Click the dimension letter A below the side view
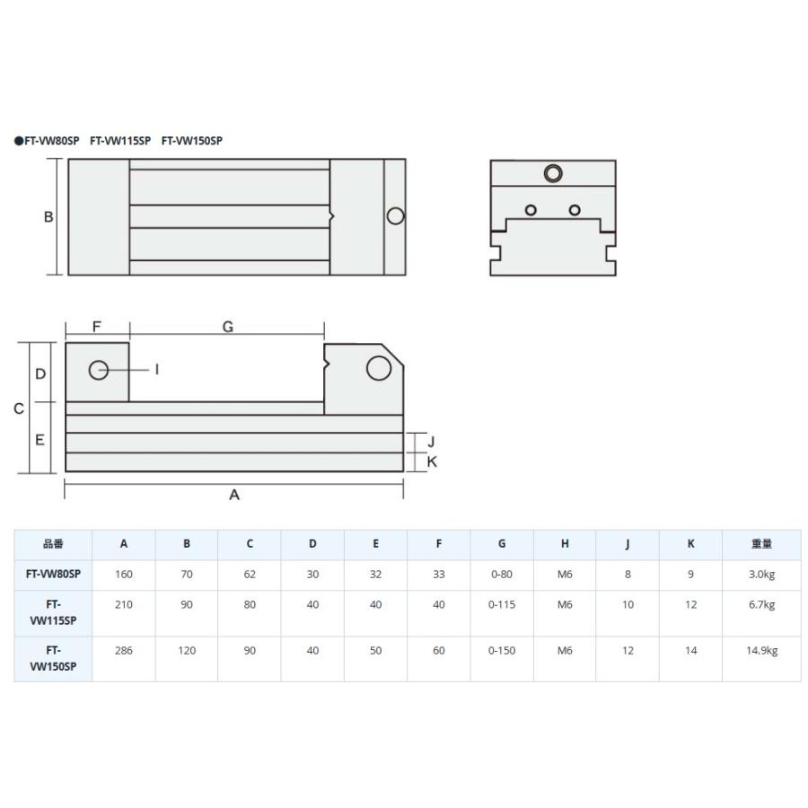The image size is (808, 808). (x=234, y=495)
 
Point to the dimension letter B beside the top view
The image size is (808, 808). (x=48, y=217)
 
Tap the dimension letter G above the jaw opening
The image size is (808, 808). (x=228, y=327)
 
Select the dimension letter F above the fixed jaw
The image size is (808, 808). (x=96, y=327)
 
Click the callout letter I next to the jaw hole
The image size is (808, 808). (x=156, y=370)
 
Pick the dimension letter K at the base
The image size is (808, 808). (x=432, y=461)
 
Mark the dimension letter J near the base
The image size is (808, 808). (x=431, y=442)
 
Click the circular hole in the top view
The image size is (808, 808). (x=395, y=215)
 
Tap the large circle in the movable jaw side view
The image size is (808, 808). (x=379, y=368)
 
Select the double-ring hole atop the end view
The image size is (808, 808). (x=553, y=173)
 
